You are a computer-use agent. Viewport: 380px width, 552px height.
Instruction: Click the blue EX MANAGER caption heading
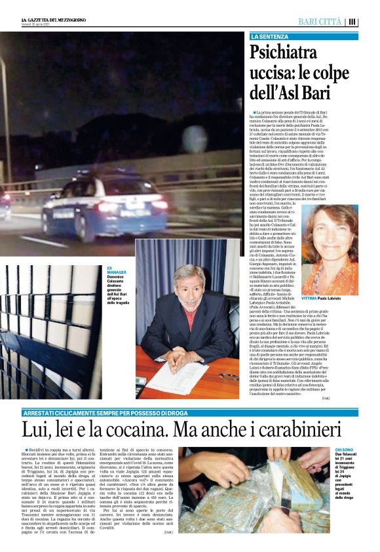tap(115, 271)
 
